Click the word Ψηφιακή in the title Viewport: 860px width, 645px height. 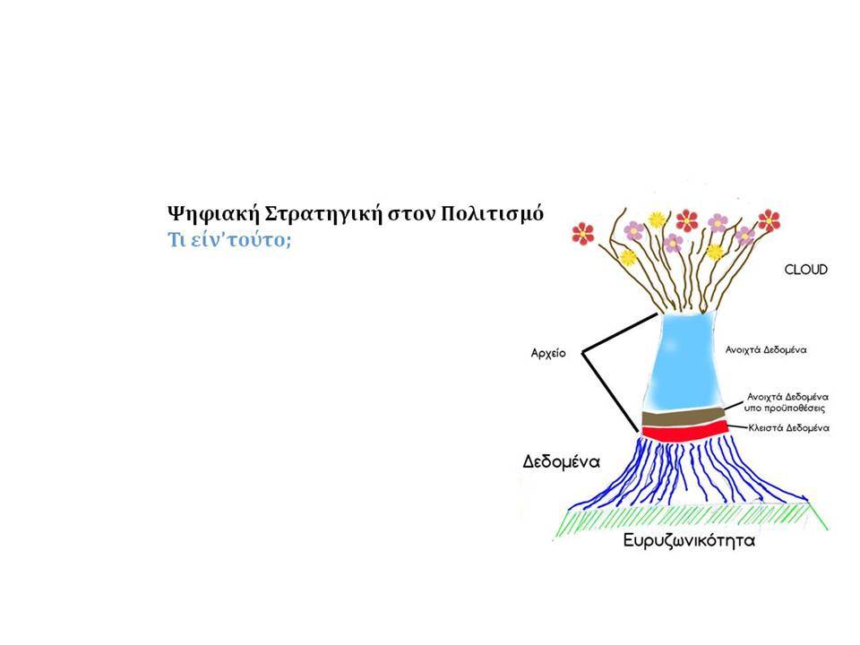(213, 214)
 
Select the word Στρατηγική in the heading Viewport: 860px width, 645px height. (322, 214)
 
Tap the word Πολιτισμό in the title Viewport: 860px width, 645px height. (492, 213)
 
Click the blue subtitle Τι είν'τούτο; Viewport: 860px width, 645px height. (229, 240)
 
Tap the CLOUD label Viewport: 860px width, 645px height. (805, 270)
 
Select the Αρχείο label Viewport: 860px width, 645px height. (548, 353)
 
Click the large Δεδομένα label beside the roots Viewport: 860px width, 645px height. (561, 461)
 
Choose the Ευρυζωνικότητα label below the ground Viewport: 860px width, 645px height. (689, 541)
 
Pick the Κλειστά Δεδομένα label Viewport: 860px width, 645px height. (788, 428)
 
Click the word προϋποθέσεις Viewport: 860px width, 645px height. (794, 408)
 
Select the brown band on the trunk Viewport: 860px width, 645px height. (684, 417)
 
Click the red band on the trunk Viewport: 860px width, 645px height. (684, 431)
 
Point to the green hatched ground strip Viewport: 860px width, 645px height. (691, 521)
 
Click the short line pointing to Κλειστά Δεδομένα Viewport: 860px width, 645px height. (737, 426)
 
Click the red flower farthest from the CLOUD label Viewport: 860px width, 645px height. (582, 233)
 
